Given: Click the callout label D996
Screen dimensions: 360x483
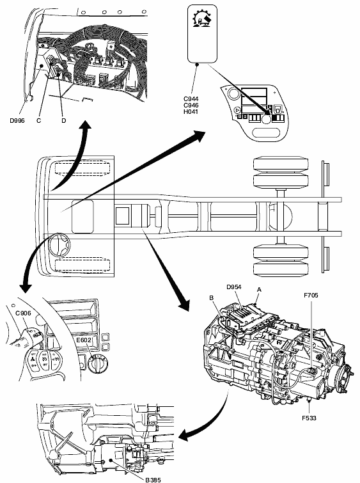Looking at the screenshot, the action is coord(17,120).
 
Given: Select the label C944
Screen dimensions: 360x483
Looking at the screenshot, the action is coord(191,99).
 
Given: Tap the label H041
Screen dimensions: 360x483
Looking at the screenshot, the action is coord(191,111).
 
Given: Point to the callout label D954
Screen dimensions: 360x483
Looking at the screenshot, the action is coord(234,287).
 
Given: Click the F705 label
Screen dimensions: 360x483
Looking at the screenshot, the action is coord(311,296).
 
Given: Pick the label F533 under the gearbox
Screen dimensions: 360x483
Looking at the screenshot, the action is coord(309,418).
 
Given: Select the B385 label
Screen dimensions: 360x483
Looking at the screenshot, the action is coord(153,480).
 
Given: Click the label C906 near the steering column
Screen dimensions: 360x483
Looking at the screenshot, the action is coord(24,313).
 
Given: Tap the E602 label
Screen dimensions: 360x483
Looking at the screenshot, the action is coord(84,340).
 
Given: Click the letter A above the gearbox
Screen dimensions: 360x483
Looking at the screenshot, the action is coord(259,290).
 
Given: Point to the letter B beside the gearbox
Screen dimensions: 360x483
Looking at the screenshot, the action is coord(211,298).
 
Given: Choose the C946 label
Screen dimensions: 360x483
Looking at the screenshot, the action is coord(191,106).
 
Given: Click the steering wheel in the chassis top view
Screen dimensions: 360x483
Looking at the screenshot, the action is coord(59,244).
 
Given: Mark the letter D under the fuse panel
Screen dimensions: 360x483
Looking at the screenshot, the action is coord(63,120).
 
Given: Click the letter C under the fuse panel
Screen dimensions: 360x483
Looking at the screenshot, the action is coord(38,120).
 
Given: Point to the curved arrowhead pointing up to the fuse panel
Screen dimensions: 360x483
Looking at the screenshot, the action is coord(86,125).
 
